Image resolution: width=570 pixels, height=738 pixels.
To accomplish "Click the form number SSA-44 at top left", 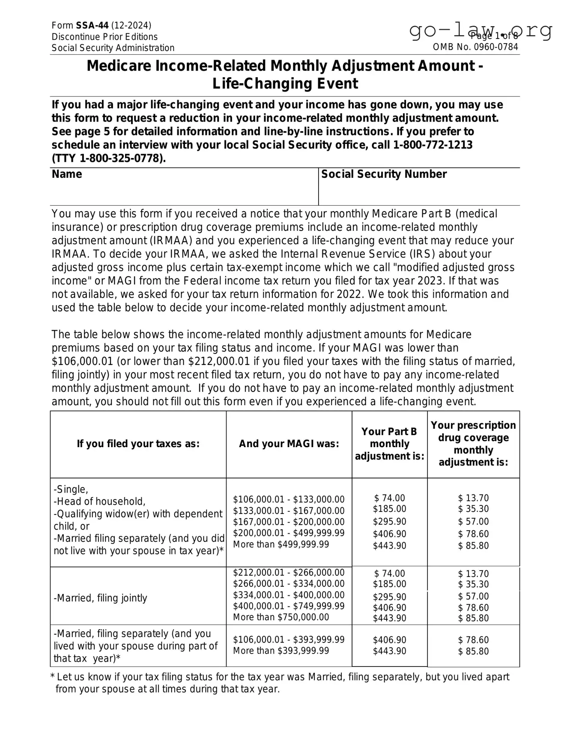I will pos(92,26).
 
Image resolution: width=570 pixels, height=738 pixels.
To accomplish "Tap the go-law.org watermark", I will pos(480,30).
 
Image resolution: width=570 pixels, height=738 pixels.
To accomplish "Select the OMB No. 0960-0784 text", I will pos(475,47).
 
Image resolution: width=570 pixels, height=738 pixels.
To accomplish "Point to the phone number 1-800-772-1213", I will pos(433,145).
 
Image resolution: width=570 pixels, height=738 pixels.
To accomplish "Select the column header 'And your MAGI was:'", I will pos(289,444).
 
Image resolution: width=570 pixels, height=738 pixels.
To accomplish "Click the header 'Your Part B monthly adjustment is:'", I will pos(389,444).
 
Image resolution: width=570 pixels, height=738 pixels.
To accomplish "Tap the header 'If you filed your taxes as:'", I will pos(138,444).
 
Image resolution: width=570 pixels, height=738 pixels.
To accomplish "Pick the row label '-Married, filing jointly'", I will pos(101,598).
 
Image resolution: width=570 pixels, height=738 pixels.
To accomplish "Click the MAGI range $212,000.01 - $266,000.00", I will pos(289,573).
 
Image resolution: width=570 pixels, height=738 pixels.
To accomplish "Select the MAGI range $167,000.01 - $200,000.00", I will pos(289,522).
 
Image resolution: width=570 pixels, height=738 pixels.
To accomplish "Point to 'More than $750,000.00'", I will pos(281,617).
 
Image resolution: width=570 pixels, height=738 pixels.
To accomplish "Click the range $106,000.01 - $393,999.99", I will pos(289,639).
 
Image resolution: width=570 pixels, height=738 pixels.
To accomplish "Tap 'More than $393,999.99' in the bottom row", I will pos(281,651).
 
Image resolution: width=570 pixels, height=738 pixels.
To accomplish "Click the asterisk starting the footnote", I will pos(53,678).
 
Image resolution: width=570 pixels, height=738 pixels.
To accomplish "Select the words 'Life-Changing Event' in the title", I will pos(285,84).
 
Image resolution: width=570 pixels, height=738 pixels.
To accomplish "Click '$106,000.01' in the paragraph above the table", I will pos(83,362).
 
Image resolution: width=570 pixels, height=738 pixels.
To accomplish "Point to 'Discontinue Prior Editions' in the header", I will pos(104,37).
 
